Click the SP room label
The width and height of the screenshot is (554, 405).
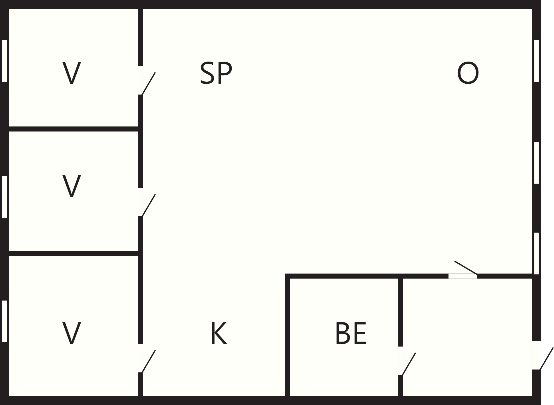coord(216,73)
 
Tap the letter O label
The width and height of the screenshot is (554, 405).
coord(468,73)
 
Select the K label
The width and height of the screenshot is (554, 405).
coord(219,333)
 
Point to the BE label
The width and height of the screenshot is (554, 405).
coord(351,333)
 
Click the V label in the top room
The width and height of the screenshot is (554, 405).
coord(72,73)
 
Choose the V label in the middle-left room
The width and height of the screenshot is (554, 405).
coord(72,186)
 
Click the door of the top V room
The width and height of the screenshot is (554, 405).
coord(147,81)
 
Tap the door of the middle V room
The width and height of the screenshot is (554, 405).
coord(147,202)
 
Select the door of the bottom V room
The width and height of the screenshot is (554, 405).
coord(147,358)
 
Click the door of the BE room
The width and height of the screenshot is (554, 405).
coord(407,361)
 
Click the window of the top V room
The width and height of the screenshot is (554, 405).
coord(4,61)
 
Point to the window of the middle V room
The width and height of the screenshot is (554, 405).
coord(4,197)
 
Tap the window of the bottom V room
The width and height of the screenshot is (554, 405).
coord(4,321)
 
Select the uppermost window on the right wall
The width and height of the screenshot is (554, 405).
coord(536,61)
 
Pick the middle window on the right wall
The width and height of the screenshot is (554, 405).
coord(536,163)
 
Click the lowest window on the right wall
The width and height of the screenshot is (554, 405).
coord(536,253)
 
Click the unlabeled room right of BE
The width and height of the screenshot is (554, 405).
coord(467,337)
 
